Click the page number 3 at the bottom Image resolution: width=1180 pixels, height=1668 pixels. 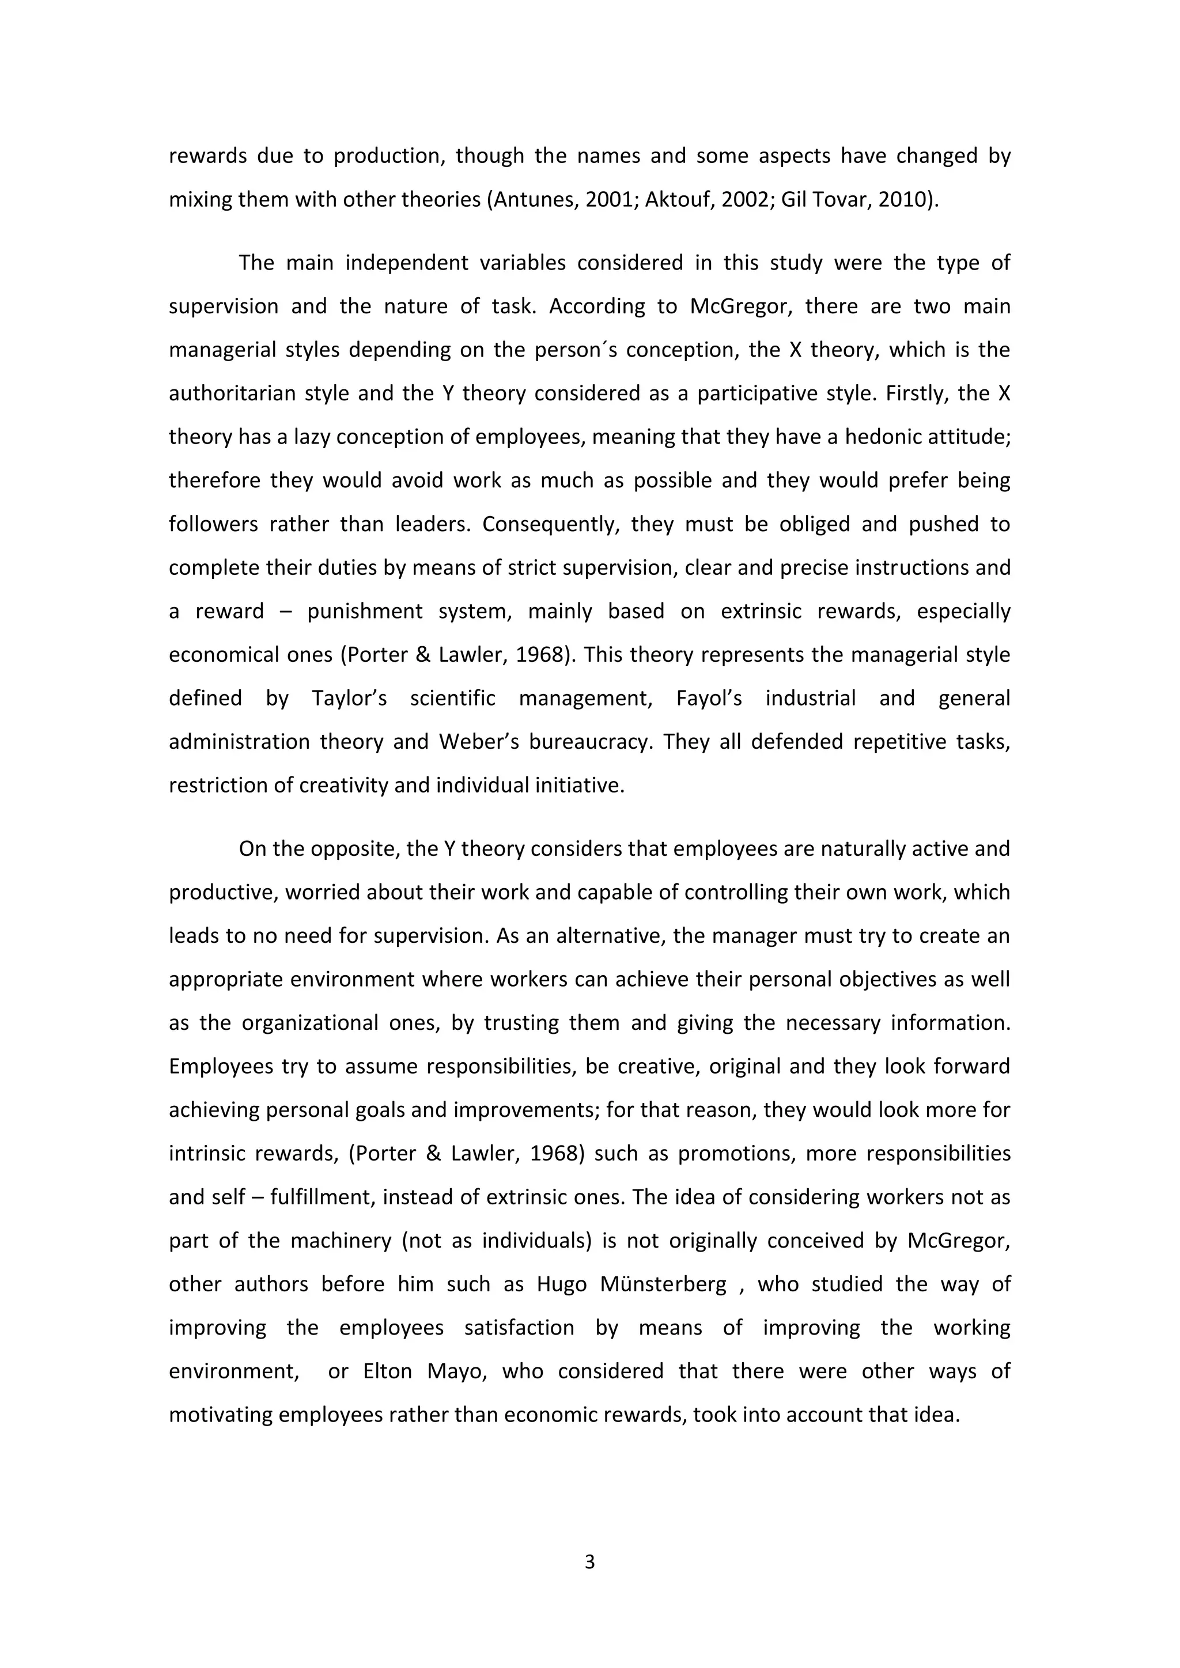point(589,1561)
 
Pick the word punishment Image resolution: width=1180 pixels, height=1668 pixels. point(365,612)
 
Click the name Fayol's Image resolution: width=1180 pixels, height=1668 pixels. point(709,699)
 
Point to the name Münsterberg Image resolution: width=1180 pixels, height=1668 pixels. point(663,1284)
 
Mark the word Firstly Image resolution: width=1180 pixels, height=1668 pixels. point(913,394)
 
